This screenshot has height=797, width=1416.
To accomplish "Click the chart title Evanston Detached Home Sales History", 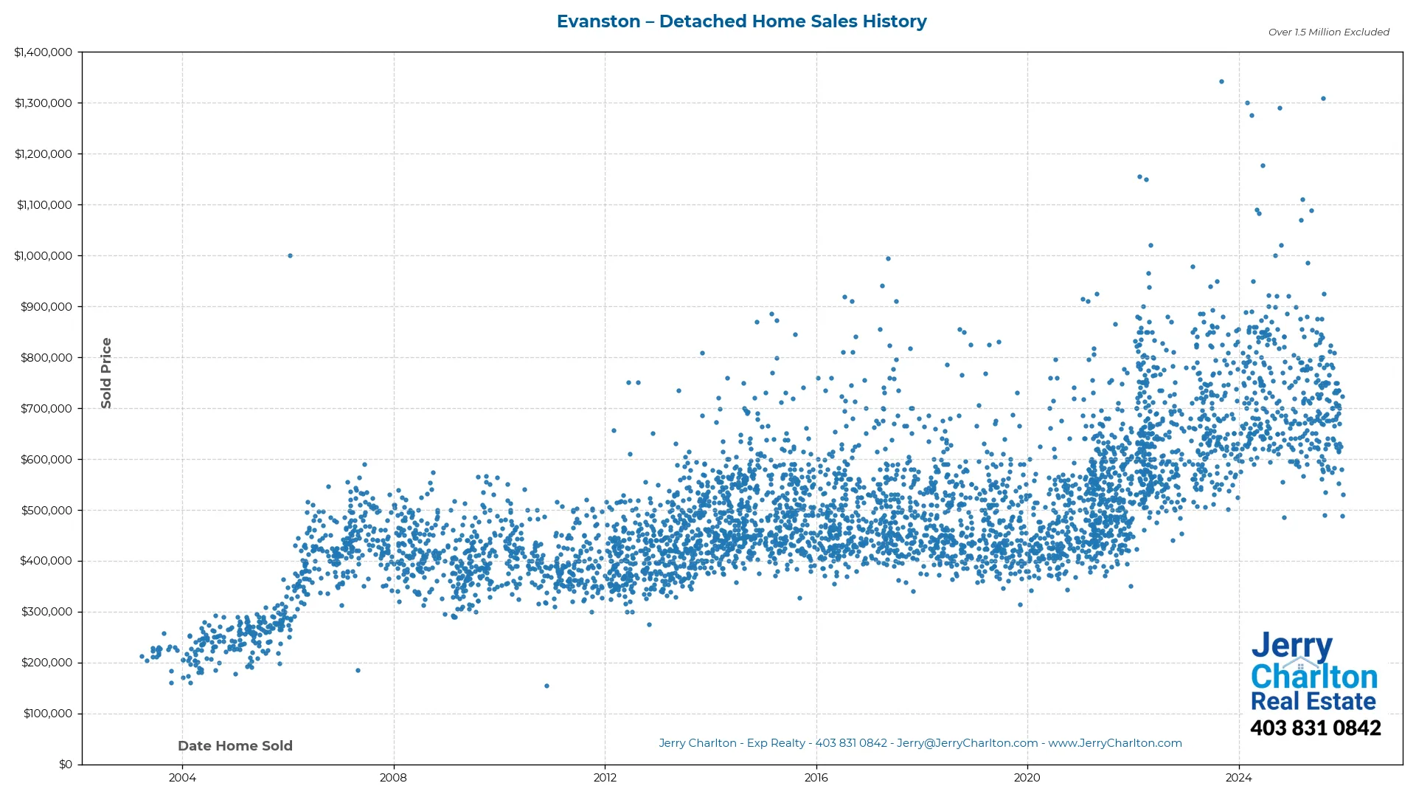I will tap(741, 21).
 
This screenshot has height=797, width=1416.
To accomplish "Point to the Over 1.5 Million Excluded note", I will tap(1328, 32).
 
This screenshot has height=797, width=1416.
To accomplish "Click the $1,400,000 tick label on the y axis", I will tap(44, 52).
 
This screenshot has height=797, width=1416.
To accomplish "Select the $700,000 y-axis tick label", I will tap(46, 409).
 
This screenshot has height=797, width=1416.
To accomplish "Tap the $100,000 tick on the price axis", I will tap(47, 714).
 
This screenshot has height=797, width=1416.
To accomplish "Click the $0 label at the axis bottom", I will tap(66, 765).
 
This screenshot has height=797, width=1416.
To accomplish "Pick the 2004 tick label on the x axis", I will tap(182, 778).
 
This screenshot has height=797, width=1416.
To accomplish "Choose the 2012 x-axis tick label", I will tap(605, 778).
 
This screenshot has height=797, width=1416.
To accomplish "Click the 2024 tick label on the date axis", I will tap(1238, 778).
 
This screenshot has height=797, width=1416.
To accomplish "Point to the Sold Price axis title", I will tap(106, 373).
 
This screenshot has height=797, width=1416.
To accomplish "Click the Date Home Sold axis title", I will tap(235, 746).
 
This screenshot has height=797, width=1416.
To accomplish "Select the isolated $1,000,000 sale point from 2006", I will tap(290, 256).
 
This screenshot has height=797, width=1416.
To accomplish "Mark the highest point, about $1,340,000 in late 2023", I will tap(1221, 82).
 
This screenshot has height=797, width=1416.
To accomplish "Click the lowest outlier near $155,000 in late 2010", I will tap(546, 686).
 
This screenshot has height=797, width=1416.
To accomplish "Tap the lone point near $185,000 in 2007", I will tap(358, 671).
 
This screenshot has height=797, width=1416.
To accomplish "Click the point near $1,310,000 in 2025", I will tap(1323, 99).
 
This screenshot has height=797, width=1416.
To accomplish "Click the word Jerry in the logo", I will tap(1291, 646).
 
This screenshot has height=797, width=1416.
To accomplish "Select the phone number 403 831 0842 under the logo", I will tap(1315, 728).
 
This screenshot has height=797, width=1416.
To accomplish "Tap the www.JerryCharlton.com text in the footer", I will tap(1115, 743).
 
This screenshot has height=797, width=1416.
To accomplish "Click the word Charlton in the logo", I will tap(1313, 677).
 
